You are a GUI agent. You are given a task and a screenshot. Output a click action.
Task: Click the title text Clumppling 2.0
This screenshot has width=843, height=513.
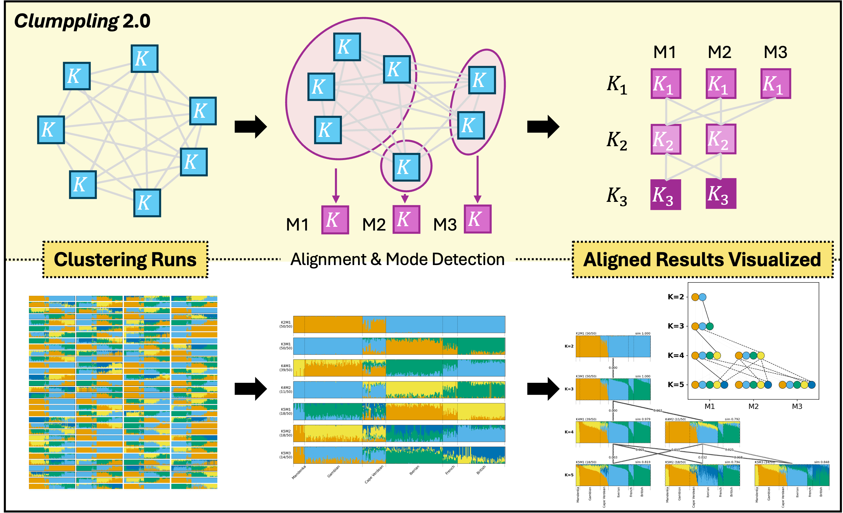coord(82,21)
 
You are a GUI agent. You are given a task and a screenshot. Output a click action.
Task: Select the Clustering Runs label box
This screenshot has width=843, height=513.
coord(125,260)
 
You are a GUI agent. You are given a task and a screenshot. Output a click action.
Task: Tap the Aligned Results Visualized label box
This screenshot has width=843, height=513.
coord(703,260)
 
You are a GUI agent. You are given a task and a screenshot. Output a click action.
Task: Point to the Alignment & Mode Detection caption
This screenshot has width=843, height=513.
coord(397,259)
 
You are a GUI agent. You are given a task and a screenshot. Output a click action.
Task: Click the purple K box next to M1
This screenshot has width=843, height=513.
coord(335,220)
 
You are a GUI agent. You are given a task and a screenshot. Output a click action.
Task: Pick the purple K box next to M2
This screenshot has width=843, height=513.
coord(406,220)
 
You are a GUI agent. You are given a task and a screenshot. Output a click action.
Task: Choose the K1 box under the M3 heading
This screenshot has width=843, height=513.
coord(775,84)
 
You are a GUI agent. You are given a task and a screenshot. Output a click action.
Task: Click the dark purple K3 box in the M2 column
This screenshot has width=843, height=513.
coord(720,194)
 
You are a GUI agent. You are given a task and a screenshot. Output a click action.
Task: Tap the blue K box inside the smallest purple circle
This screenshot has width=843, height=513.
coord(406,167)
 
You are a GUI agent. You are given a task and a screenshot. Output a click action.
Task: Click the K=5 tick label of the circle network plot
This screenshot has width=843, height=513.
coord(676,385)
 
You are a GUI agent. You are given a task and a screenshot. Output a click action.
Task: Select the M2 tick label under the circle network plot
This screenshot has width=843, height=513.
coord(753,407)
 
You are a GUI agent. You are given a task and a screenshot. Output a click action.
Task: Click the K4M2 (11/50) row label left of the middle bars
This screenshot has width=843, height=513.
coord(286,390)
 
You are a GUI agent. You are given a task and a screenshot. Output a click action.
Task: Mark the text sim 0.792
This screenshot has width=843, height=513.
coord(732,419)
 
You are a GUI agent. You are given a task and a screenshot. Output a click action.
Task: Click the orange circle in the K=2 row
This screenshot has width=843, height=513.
coord(695,297)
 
